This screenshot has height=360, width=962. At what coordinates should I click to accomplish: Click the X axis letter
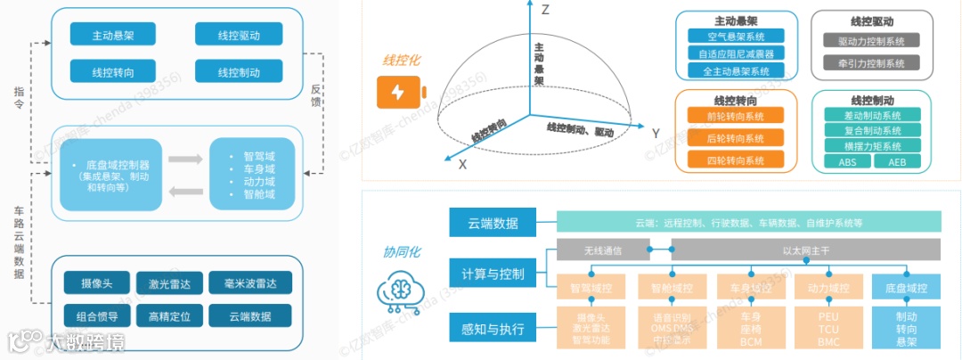coord(462,165)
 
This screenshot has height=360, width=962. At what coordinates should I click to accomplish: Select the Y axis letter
coord(656,134)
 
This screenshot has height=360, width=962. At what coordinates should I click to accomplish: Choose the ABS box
coord(847,161)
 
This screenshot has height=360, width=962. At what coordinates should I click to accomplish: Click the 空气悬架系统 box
coord(736,37)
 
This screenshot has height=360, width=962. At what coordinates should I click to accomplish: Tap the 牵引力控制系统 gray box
coord(871,63)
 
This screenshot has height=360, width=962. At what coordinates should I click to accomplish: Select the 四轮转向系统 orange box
coord(736,160)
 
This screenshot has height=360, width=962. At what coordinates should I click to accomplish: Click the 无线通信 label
coord(603,250)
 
